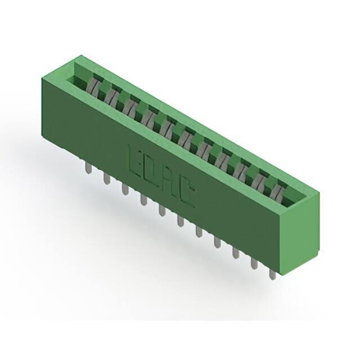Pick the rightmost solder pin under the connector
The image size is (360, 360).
click(x=272, y=274)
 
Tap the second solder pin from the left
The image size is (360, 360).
click(x=106, y=178)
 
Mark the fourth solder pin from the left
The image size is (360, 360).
click(x=143, y=199)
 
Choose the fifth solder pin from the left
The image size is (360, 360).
click(x=163, y=210)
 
